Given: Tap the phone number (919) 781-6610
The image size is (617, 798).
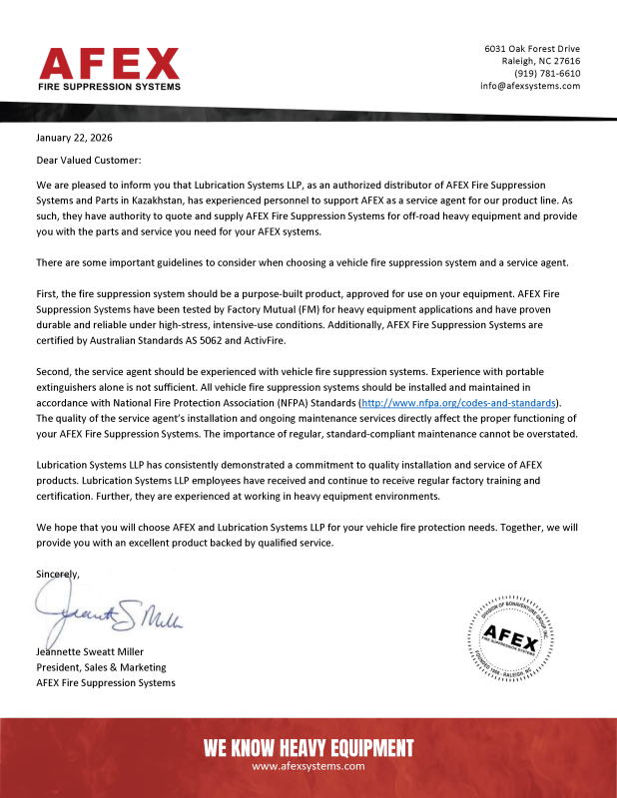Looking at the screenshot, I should [547, 74].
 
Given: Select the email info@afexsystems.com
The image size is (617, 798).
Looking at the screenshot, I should [530, 86].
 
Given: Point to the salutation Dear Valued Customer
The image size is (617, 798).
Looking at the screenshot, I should [89, 160].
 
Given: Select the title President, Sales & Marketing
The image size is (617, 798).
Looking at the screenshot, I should [101, 667].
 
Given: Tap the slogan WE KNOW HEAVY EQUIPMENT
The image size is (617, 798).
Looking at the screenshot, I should [308, 748].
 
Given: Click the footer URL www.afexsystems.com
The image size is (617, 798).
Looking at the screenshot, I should [308, 766].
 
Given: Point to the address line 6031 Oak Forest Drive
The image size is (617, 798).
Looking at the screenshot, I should [532, 49].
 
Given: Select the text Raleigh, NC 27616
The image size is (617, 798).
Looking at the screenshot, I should [540, 61].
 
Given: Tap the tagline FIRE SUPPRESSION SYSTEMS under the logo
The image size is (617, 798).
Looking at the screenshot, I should [109, 87].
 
